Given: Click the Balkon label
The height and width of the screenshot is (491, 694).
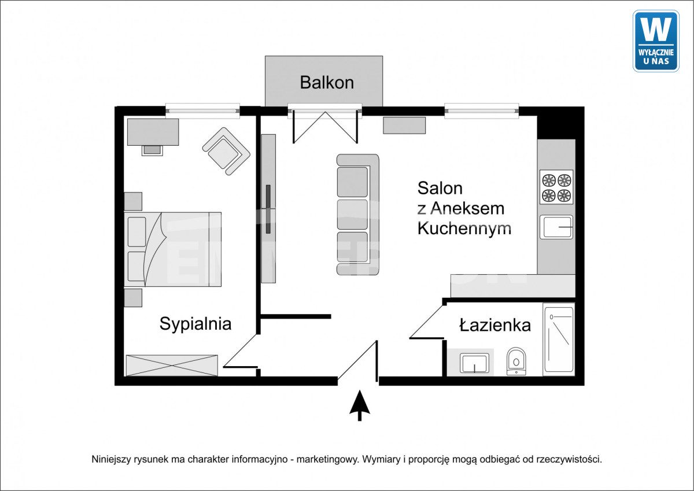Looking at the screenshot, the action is pyautogui.click(x=327, y=83).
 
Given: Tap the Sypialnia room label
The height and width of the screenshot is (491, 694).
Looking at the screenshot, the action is pyautogui.click(x=195, y=324).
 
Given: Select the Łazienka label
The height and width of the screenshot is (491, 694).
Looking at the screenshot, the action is pyautogui.click(x=495, y=325).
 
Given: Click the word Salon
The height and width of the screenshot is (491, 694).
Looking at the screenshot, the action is pyautogui.click(x=440, y=188).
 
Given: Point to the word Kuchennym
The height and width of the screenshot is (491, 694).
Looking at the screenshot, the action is pyautogui.click(x=464, y=228).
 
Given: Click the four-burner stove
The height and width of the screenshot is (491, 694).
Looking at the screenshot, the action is pyautogui.click(x=556, y=187).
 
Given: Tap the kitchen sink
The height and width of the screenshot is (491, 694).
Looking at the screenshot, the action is pyautogui.click(x=556, y=227).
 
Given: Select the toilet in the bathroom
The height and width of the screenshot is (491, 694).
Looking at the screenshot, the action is pyautogui.click(x=516, y=361).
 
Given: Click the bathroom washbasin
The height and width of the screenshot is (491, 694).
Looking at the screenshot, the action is pyautogui.click(x=474, y=363).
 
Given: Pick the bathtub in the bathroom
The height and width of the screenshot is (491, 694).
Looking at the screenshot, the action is pyautogui.click(x=559, y=340).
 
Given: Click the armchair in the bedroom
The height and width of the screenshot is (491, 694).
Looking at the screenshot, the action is pyautogui.click(x=227, y=152).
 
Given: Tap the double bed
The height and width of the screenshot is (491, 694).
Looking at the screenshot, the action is pyautogui.click(x=172, y=249).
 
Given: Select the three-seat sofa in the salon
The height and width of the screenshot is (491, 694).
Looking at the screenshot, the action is pyautogui.click(x=358, y=215).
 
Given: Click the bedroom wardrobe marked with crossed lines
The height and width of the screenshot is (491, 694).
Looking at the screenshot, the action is pyautogui.click(x=172, y=366).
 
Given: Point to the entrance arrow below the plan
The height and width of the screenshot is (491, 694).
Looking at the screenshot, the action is pyautogui.click(x=360, y=405).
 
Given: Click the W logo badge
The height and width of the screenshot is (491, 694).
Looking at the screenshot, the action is pyautogui.click(x=656, y=41).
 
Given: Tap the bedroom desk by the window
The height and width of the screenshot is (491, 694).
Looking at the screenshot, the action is pyautogui.click(x=153, y=132).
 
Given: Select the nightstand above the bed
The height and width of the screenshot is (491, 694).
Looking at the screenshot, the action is pyautogui.click(x=133, y=201).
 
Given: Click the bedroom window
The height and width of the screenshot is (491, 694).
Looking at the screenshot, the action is pyautogui.click(x=202, y=110).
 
